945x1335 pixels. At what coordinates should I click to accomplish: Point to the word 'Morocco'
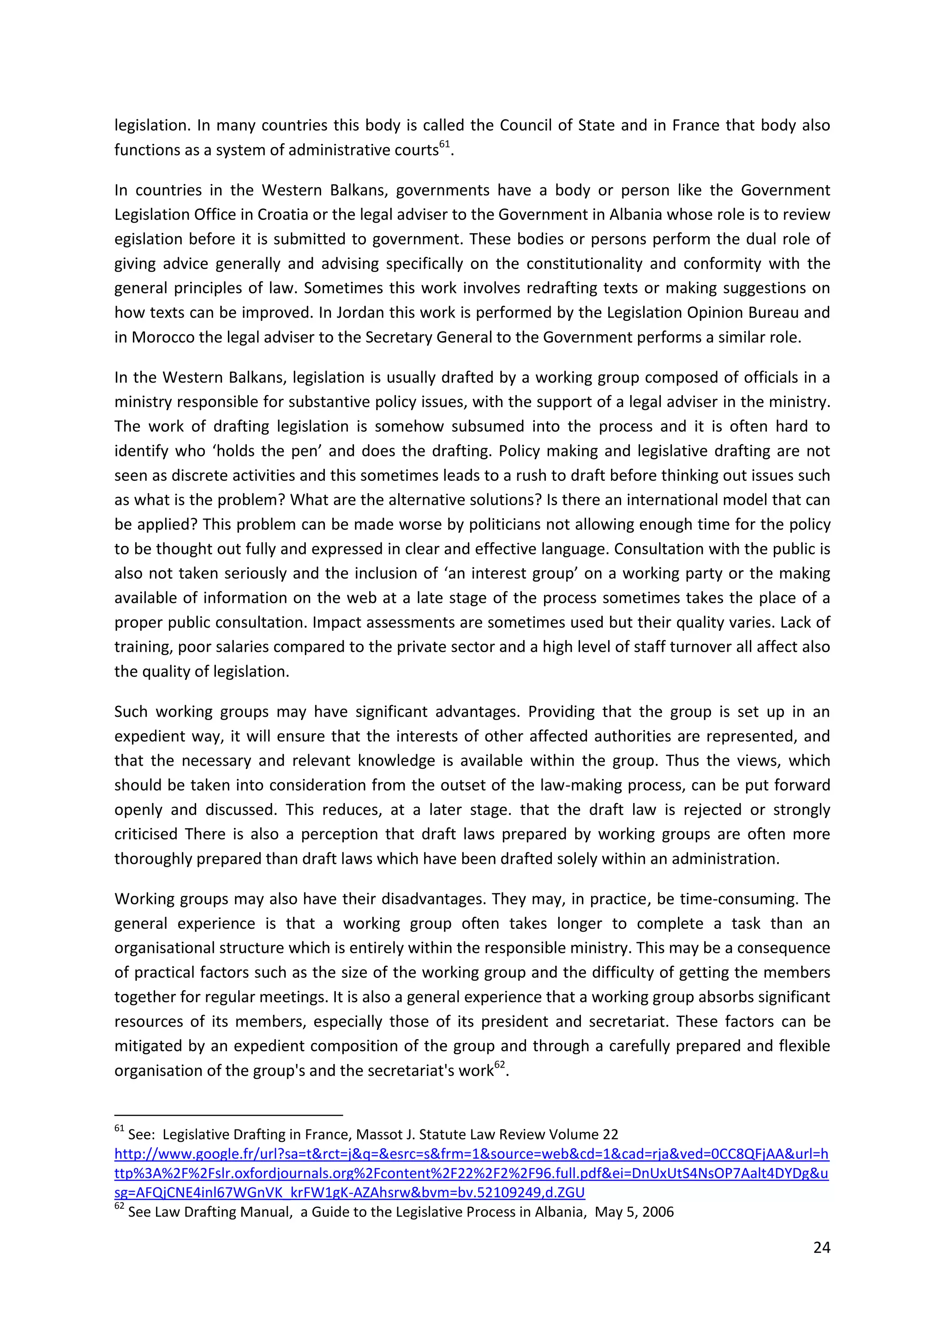(163, 337)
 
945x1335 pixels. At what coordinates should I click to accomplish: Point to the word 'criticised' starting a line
(145, 834)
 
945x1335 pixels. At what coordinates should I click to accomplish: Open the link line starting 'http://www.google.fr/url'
(471, 1154)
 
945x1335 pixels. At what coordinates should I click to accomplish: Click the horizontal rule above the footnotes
(229, 1115)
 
